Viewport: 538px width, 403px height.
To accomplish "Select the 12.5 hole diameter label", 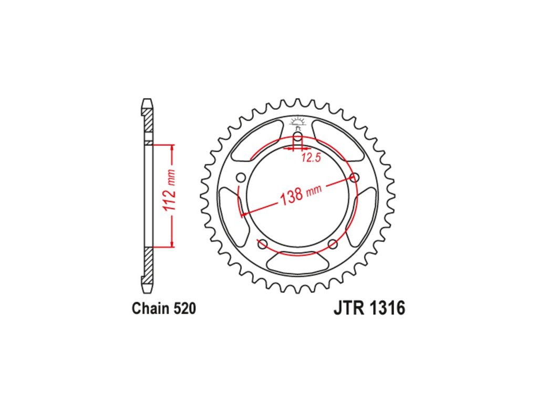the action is [x=311, y=157].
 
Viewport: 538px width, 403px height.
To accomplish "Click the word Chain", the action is [x=151, y=309].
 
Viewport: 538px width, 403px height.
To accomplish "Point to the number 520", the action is [x=184, y=309].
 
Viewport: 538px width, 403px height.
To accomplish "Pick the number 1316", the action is [x=387, y=307].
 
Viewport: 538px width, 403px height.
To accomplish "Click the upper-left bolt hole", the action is [x=241, y=178].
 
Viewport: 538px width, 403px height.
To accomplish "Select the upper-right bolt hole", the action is [x=354, y=177].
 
